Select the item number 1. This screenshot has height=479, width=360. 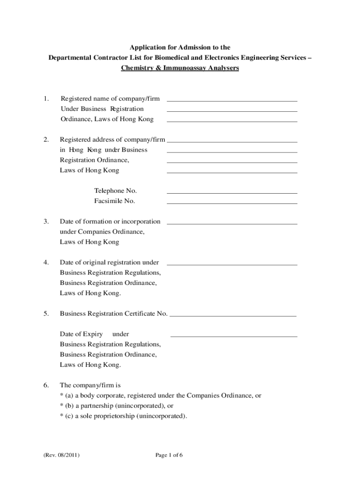coord(45,99)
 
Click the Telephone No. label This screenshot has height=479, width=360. coord(115,191)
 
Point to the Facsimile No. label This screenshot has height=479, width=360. coord(115,201)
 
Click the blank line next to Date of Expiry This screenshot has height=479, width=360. coord(234,336)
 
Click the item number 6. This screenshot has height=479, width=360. coord(46,385)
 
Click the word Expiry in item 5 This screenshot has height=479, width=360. coord(93,334)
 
